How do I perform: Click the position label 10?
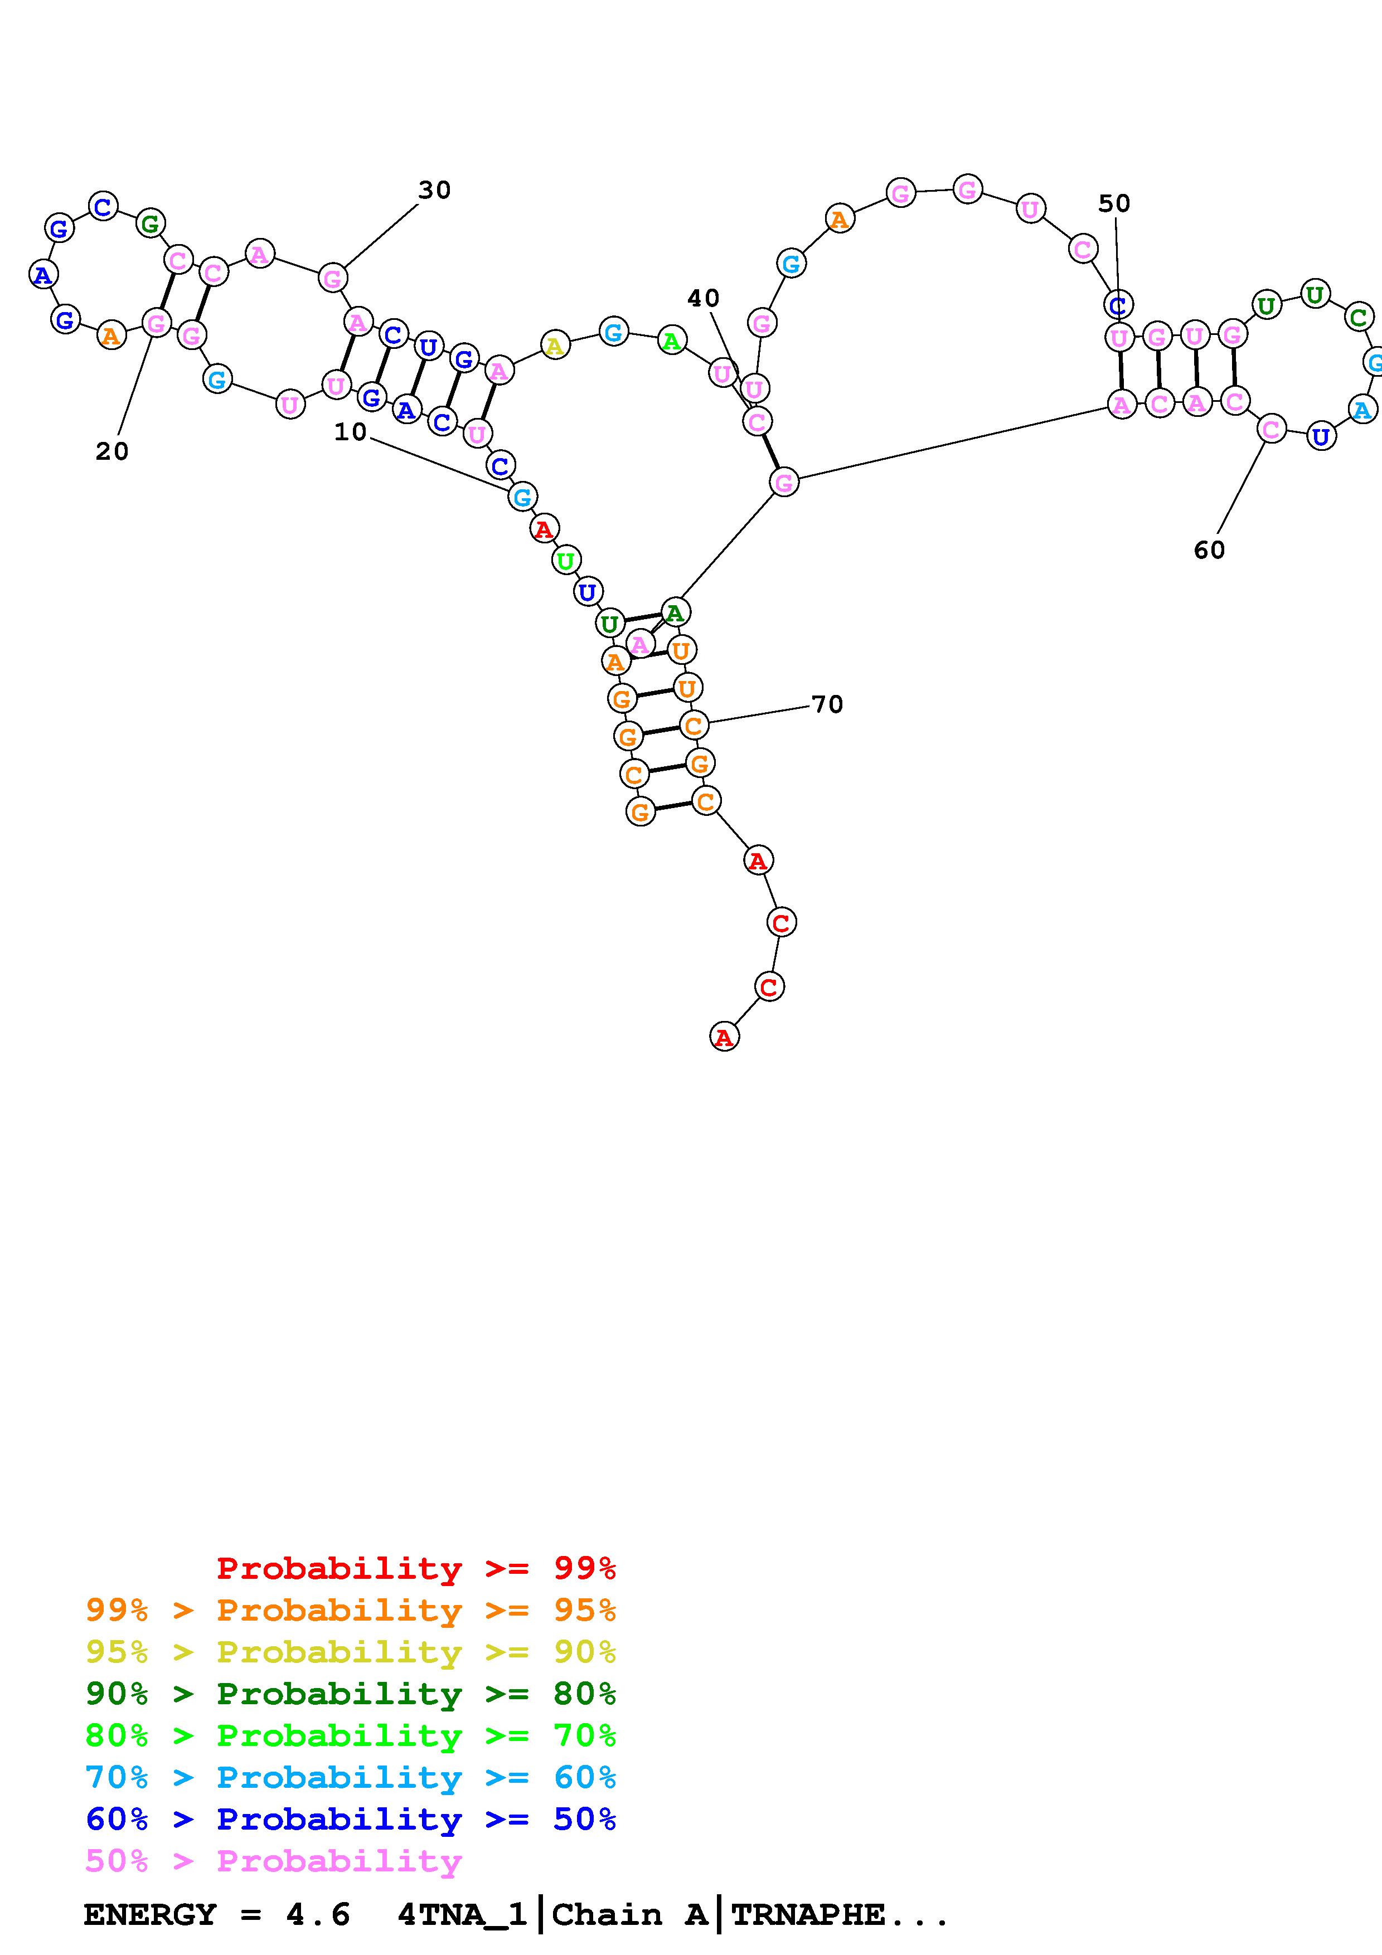(x=350, y=432)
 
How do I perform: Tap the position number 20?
(x=111, y=452)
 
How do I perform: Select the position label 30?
(x=434, y=191)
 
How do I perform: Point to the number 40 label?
(x=704, y=299)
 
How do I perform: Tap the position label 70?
(x=827, y=705)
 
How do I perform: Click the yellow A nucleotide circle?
(x=554, y=346)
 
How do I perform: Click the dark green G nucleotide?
(x=151, y=224)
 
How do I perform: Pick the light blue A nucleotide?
(x=1361, y=411)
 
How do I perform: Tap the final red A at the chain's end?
(x=724, y=1037)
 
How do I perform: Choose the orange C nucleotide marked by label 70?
(x=694, y=726)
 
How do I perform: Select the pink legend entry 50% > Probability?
(x=273, y=1861)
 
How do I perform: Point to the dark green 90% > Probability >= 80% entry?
(x=351, y=1694)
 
